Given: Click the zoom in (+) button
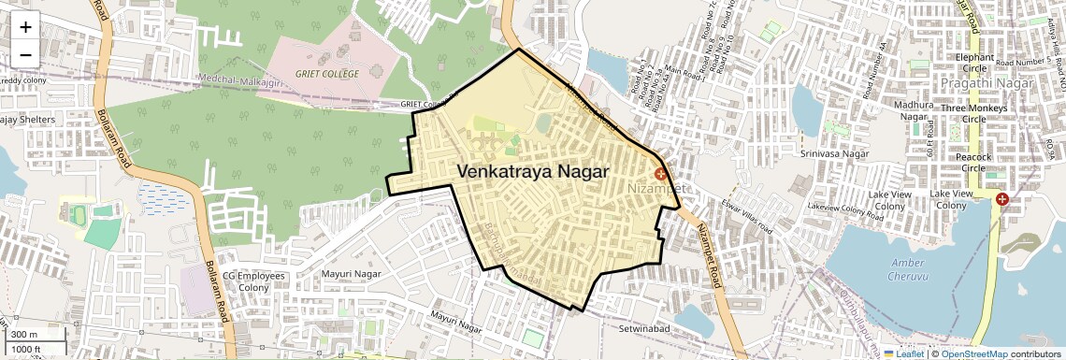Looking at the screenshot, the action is point(25,28).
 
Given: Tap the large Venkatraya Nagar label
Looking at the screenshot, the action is point(533,172).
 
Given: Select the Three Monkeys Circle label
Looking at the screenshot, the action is point(974,114).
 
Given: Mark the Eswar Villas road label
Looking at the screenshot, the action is point(748,217).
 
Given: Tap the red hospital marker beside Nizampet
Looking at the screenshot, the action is point(660,174).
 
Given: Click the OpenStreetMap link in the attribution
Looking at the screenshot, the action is point(974,353).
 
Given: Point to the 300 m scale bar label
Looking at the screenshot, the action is point(24,335).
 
